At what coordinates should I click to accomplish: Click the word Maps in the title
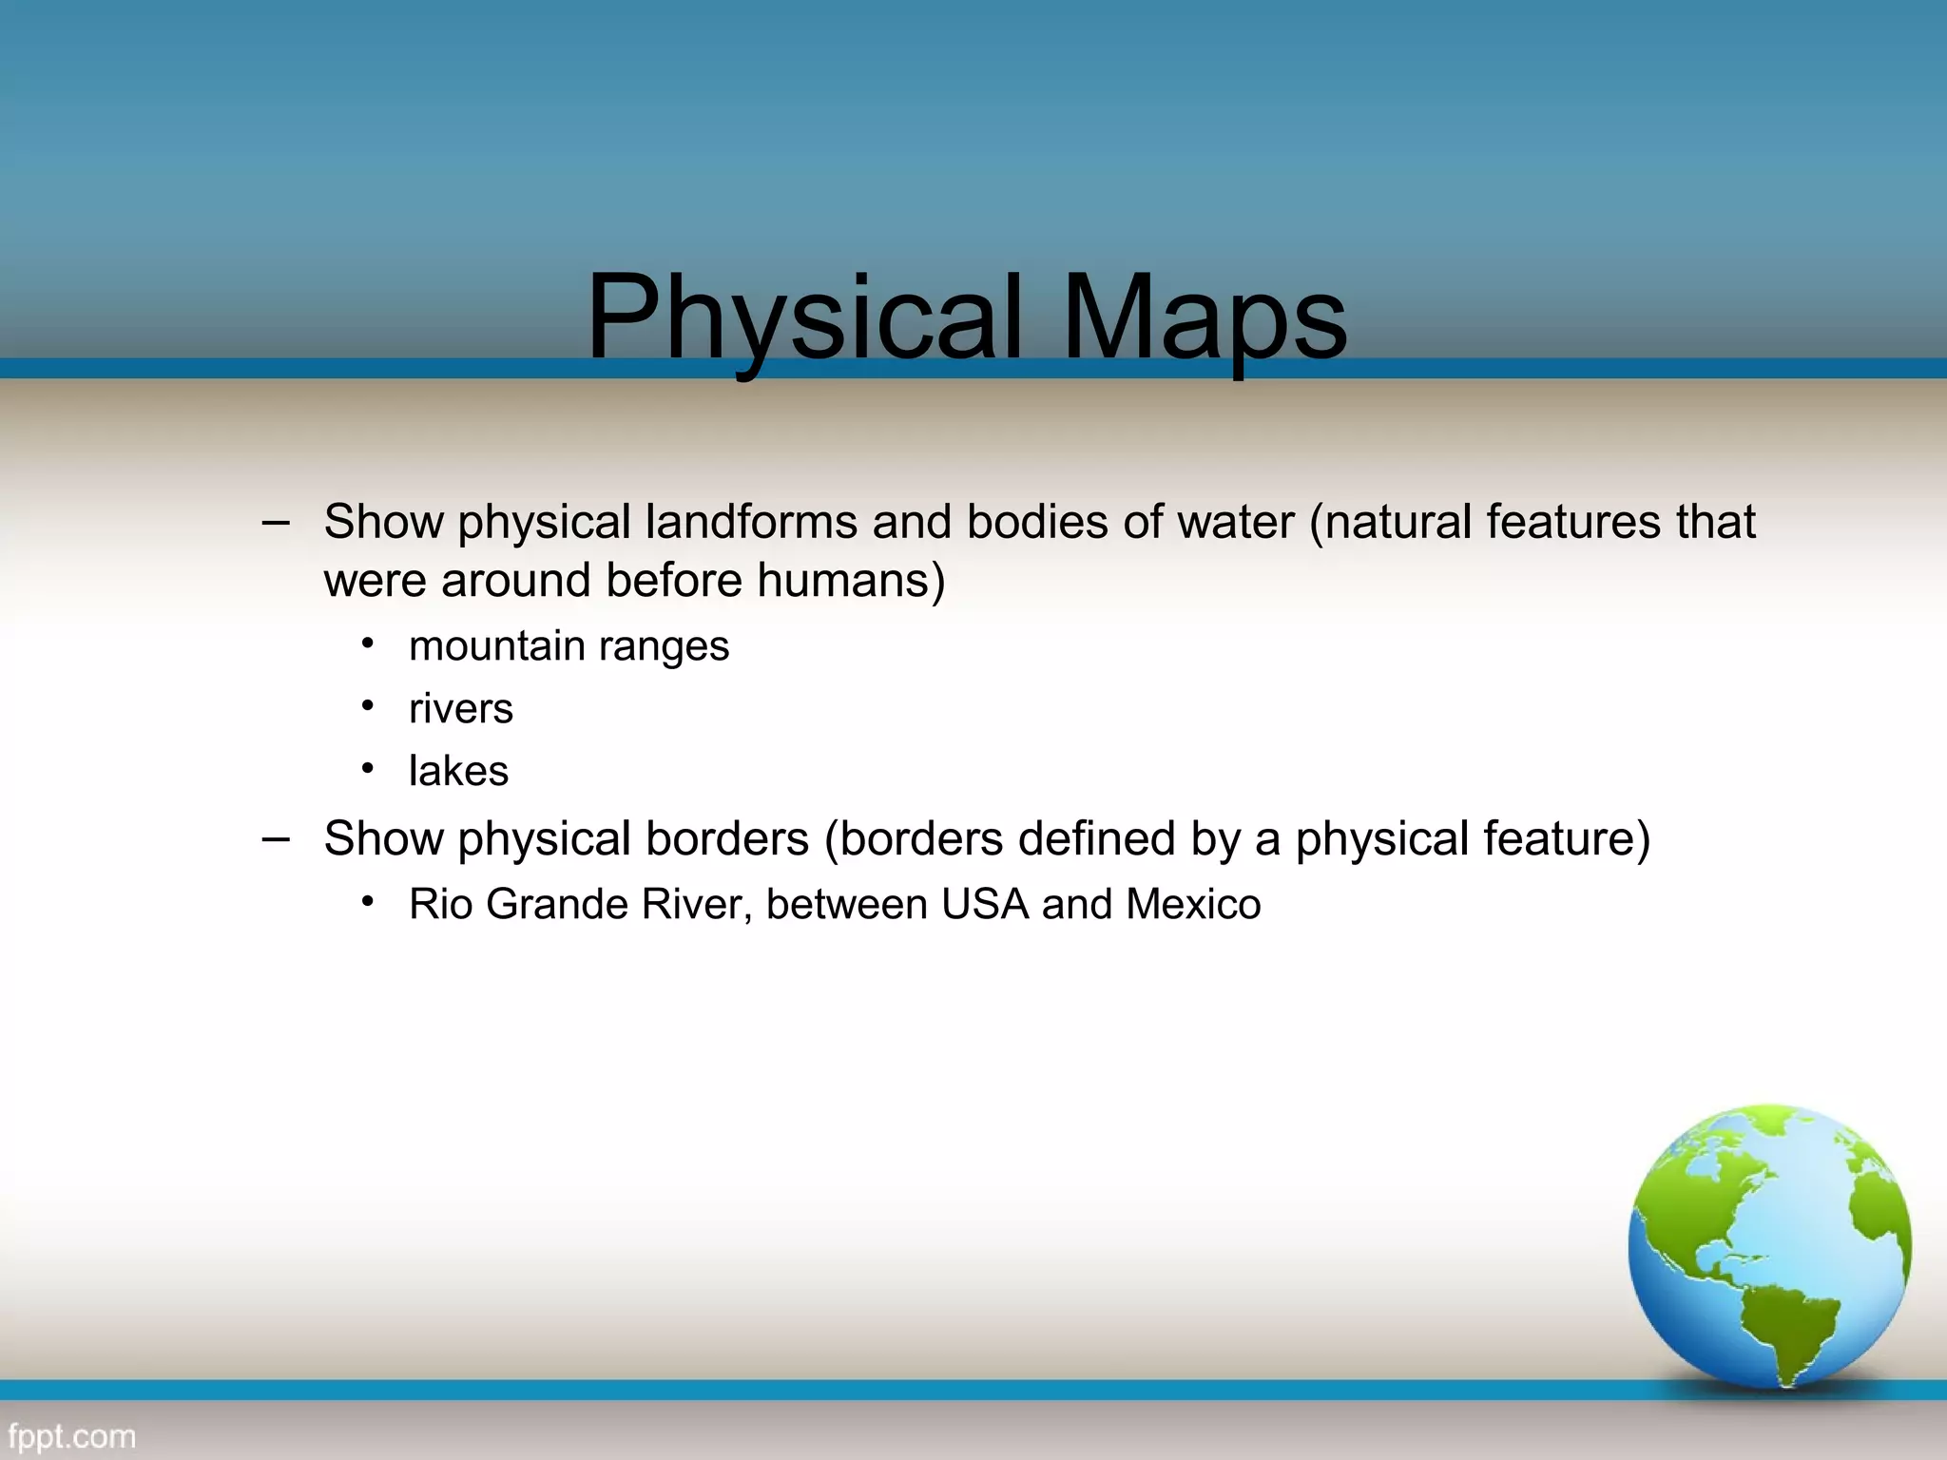point(1205,318)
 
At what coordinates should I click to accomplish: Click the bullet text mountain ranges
point(569,646)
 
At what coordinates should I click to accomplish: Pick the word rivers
point(461,709)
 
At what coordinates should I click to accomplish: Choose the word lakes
point(458,771)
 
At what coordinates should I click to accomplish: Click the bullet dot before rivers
point(368,705)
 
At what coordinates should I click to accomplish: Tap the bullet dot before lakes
point(368,767)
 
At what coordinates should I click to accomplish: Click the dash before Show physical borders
point(276,838)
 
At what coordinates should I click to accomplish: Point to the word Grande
point(557,904)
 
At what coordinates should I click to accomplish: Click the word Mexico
point(1193,904)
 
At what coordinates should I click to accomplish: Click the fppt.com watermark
point(72,1436)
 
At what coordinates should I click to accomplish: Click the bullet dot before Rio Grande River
point(368,900)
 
